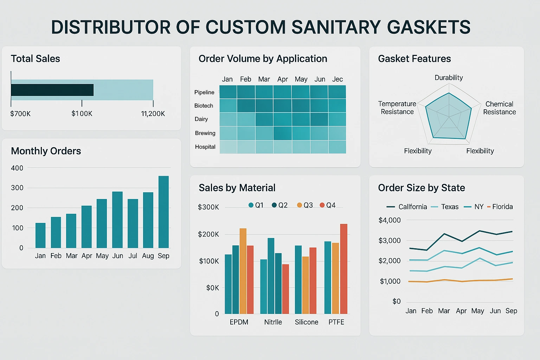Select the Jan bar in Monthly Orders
click(40, 235)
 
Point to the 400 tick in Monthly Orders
click(17, 168)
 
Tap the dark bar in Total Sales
click(52, 90)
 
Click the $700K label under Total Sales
click(20, 114)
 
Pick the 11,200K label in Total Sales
click(153, 114)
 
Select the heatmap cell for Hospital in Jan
click(228, 147)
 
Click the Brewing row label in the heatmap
click(205, 133)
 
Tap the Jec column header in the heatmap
click(337, 79)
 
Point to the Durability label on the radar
click(449, 78)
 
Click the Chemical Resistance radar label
click(499, 108)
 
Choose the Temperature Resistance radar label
click(397, 108)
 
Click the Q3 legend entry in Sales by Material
click(305, 205)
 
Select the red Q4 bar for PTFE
click(343, 269)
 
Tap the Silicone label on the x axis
click(306, 322)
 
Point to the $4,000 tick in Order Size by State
click(390, 220)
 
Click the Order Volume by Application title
click(263, 59)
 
